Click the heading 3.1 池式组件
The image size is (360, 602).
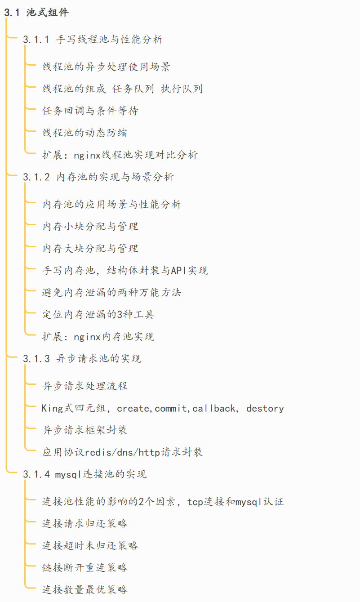click(36, 13)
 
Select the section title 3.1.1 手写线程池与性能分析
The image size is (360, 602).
click(93, 39)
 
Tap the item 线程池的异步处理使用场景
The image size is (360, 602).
click(107, 67)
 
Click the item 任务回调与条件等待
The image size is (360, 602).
click(90, 111)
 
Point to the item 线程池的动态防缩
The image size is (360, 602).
click(84, 133)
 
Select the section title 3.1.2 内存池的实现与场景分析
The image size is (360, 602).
click(98, 177)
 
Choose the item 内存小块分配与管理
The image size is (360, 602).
click(90, 226)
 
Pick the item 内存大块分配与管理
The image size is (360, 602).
click(90, 248)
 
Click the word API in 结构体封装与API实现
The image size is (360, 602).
click(179, 270)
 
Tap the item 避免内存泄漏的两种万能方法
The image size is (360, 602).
click(112, 292)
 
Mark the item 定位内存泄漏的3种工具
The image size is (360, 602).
click(98, 314)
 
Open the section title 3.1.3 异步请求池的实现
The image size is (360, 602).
click(82, 358)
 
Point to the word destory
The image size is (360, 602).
click(265, 408)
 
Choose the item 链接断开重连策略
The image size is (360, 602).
click(84, 567)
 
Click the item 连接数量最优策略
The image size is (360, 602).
click(84, 589)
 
